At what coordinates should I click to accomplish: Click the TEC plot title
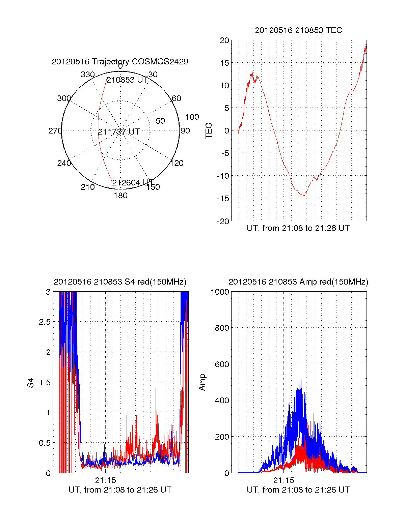298,30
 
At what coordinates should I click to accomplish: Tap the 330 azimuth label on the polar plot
87,75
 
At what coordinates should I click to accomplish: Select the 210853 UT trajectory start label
127,80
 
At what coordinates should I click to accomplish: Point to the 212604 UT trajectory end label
133,183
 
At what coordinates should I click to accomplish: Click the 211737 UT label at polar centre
119,132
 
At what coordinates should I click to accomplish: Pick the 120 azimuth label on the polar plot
177,163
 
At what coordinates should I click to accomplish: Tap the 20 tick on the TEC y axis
224,40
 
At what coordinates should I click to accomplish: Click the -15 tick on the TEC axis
223,199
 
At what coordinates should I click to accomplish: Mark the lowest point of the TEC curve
304,196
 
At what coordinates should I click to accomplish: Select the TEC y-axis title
209,131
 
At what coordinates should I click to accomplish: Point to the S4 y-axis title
31,383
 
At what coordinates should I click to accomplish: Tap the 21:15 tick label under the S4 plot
105,480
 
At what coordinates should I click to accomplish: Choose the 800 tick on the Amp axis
222,328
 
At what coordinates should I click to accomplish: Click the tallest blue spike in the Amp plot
299,365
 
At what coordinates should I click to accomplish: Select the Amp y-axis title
202,382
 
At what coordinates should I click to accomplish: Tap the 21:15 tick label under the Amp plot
283,480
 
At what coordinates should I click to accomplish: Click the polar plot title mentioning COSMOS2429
120,62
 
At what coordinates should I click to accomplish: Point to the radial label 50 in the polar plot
160,121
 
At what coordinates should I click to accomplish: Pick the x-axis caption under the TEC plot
298,228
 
